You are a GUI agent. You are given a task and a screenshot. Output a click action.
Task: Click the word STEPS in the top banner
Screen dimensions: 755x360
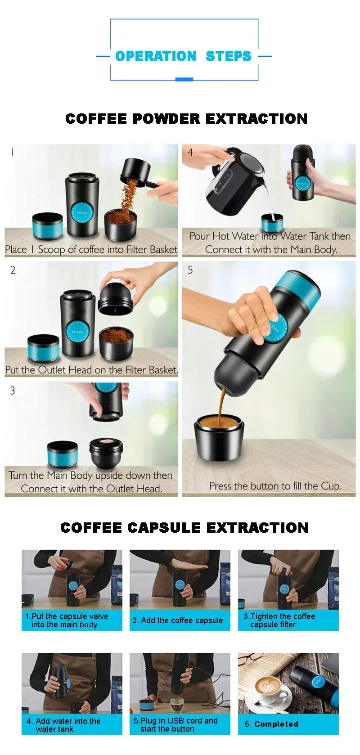tap(228, 56)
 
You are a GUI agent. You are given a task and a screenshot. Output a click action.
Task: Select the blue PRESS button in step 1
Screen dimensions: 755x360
tap(82, 212)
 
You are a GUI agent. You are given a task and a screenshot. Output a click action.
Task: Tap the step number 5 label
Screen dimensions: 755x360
tap(190, 270)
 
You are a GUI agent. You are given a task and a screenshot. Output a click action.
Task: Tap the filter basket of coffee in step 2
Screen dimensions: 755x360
tap(116, 342)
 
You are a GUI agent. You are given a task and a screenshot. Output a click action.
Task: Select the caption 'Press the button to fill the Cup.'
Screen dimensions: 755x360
tap(275, 486)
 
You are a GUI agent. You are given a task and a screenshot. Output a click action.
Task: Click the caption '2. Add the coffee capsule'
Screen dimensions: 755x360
tap(177, 620)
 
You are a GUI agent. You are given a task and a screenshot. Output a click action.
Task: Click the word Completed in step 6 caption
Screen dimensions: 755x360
tap(276, 724)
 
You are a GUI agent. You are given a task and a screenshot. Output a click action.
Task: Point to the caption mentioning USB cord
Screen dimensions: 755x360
tap(175, 724)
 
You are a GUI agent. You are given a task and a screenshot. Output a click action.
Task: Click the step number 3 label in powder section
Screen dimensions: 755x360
tap(13, 391)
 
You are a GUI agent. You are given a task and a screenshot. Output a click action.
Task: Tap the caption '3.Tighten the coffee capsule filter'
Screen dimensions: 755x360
tap(279, 620)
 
